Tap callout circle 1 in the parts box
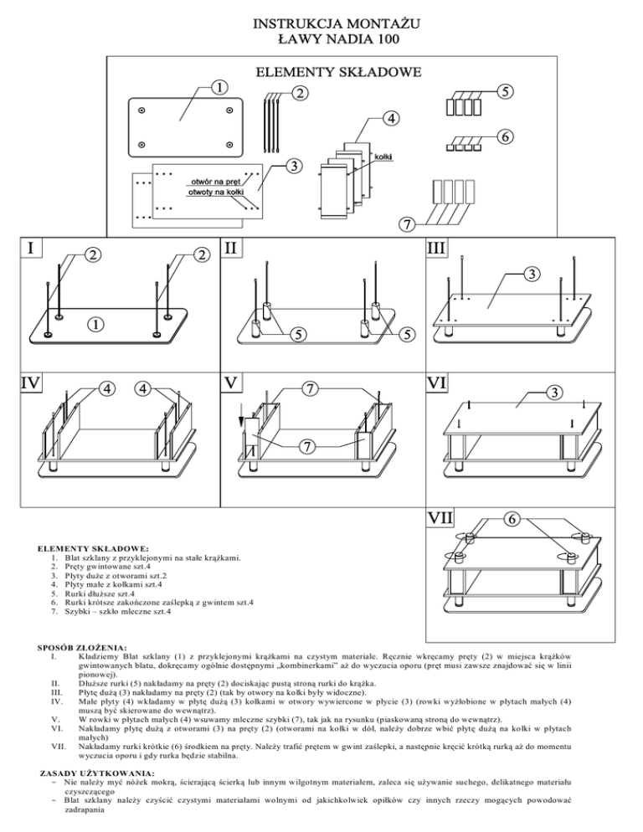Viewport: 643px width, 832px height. click(x=217, y=87)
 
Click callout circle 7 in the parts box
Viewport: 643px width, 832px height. click(x=405, y=225)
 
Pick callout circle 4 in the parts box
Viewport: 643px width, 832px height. click(x=390, y=117)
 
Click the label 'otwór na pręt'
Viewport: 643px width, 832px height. click(x=217, y=181)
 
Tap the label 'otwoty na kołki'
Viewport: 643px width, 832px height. click(x=217, y=193)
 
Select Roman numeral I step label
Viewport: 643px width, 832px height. click(x=30, y=249)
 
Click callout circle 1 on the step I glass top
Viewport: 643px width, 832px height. click(x=98, y=323)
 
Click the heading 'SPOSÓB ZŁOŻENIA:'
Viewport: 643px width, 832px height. click(x=82, y=648)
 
